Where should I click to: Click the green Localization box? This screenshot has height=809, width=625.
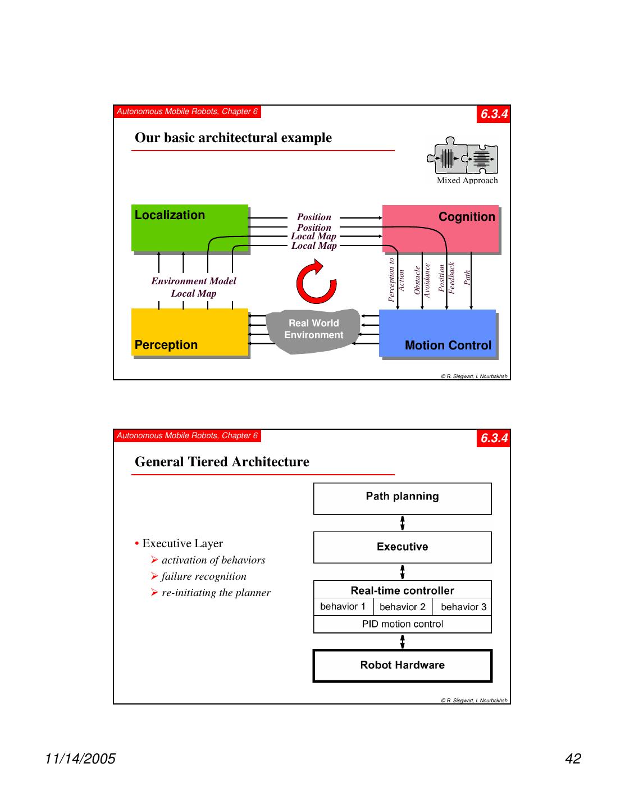pyautogui.click(x=189, y=228)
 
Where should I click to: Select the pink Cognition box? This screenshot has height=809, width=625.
pyautogui.click(x=440, y=228)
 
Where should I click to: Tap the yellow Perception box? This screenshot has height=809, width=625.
pyautogui.click(x=189, y=332)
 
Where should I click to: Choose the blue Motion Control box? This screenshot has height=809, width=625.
pyautogui.click(x=437, y=333)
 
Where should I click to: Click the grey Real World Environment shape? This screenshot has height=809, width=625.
pyautogui.click(x=313, y=330)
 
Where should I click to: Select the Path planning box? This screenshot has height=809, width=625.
pyautogui.click(x=402, y=498)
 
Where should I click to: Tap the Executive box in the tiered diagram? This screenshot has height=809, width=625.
pyautogui.click(x=402, y=547)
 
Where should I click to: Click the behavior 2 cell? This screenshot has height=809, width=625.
pyautogui.click(x=403, y=607)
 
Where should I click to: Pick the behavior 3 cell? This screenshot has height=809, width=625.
pyautogui.click(x=463, y=607)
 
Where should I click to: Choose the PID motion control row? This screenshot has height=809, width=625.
pyautogui.click(x=402, y=624)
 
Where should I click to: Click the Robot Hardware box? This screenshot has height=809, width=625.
pyautogui.click(x=402, y=666)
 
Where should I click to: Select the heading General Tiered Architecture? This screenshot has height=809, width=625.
pyautogui.click(x=222, y=462)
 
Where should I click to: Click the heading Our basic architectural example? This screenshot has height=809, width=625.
pyautogui.click(x=233, y=138)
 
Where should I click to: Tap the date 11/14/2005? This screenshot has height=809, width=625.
pyautogui.click(x=80, y=759)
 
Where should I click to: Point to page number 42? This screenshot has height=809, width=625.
pyautogui.click(x=573, y=759)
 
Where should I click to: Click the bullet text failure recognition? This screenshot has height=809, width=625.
pyautogui.click(x=204, y=576)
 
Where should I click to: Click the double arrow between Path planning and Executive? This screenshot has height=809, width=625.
pyautogui.click(x=403, y=523)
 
